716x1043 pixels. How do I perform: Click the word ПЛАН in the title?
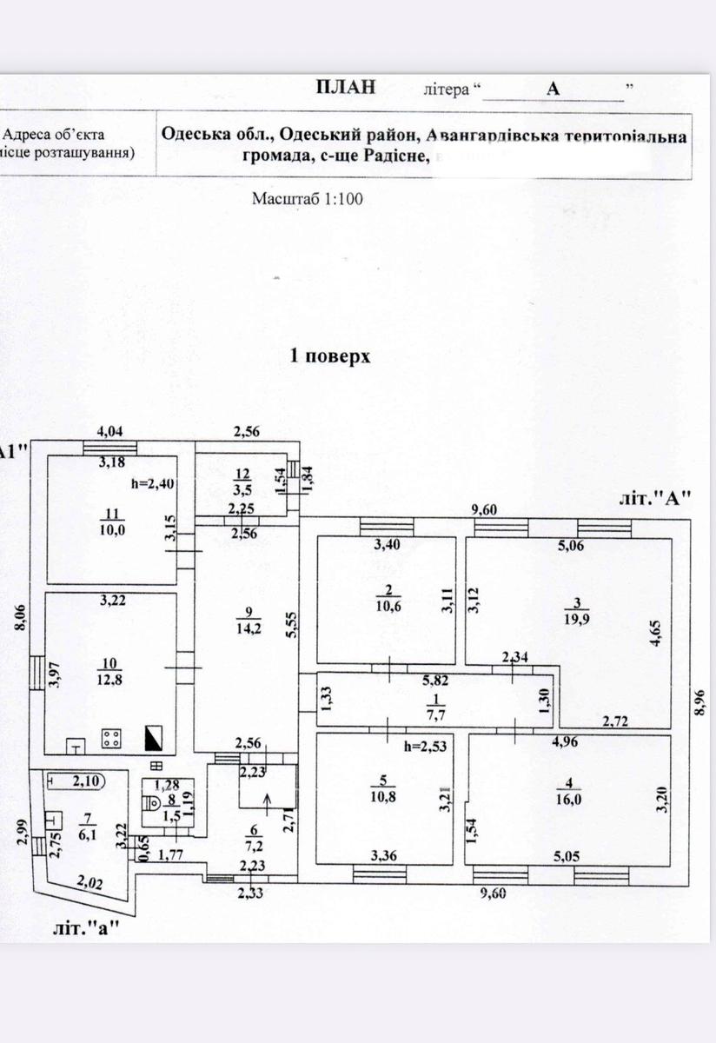[346, 86]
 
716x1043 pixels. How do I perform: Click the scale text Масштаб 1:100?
[307, 198]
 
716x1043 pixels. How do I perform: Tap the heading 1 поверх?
[329, 355]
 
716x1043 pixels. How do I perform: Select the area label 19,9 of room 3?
[577, 619]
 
